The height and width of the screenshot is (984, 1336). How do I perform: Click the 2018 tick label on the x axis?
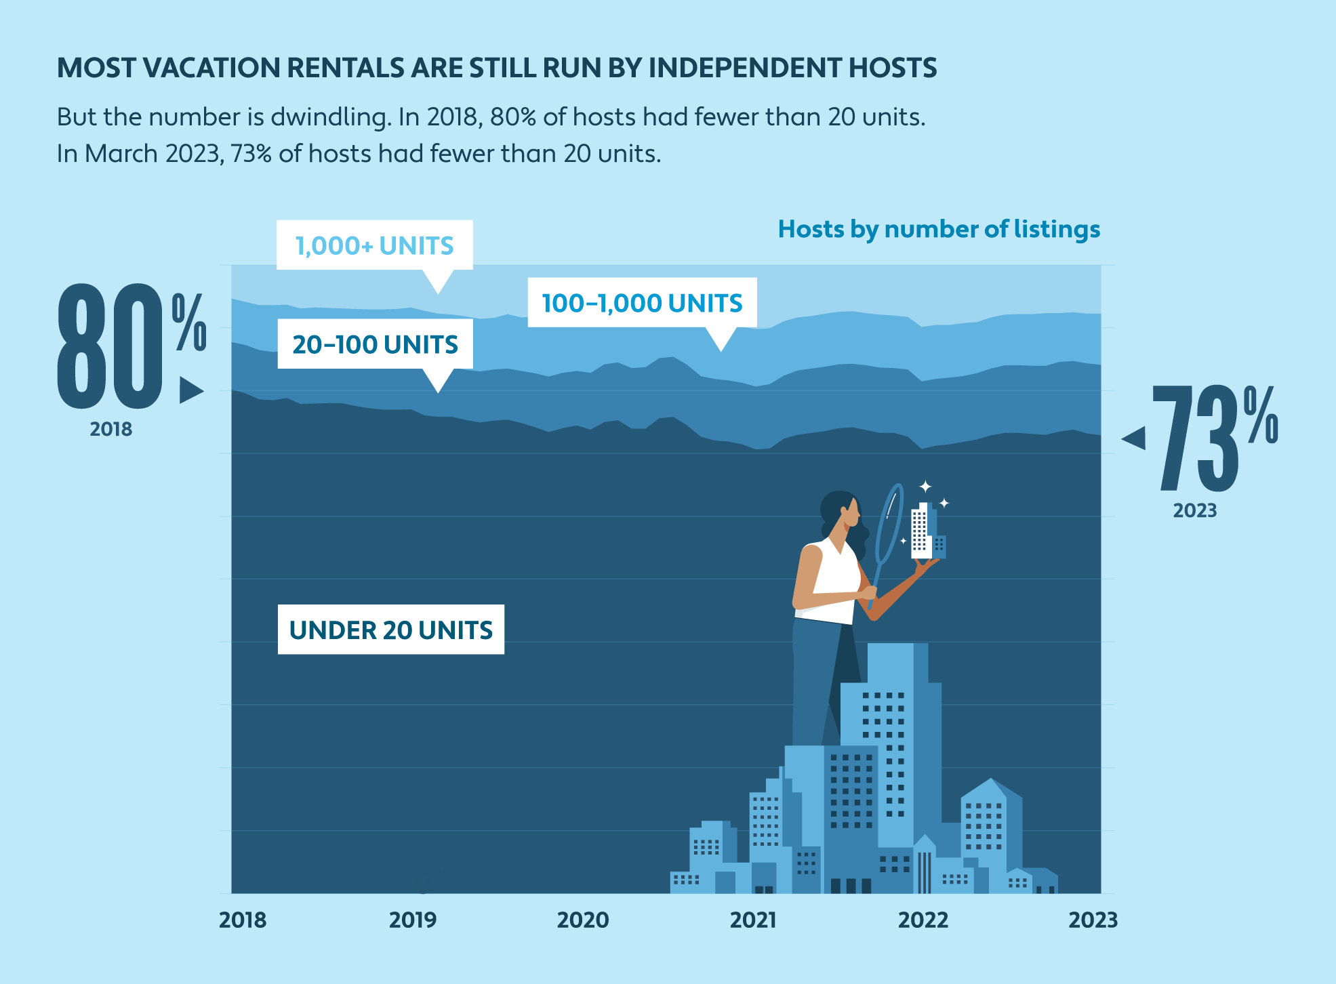coord(243,920)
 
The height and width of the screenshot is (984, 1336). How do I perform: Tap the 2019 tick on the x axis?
coord(413,920)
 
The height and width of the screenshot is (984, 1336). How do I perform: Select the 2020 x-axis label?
coord(583,920)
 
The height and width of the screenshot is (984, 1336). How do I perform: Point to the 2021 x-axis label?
coord(753,920)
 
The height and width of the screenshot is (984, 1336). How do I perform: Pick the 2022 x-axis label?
coord(923,920)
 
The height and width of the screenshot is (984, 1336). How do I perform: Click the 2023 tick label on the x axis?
coord(1093,920)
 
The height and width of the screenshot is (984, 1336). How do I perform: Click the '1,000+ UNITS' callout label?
coord(374,245)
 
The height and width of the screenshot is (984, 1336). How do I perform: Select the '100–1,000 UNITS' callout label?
coord(642,303)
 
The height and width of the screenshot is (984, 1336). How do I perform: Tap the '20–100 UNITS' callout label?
coord(375,344)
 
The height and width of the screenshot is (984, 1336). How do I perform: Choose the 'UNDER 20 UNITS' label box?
coord(390,630)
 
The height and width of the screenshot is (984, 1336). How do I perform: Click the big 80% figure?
coord(129,346)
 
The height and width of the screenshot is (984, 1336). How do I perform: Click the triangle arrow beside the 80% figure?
coord(190,390)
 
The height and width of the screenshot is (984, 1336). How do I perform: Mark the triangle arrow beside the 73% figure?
coord(1134,438)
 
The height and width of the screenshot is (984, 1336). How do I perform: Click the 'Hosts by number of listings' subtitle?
coord(939,229)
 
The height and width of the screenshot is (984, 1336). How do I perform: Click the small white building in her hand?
coord(922,531)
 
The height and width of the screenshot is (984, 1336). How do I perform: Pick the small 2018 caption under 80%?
coord(110,429)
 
